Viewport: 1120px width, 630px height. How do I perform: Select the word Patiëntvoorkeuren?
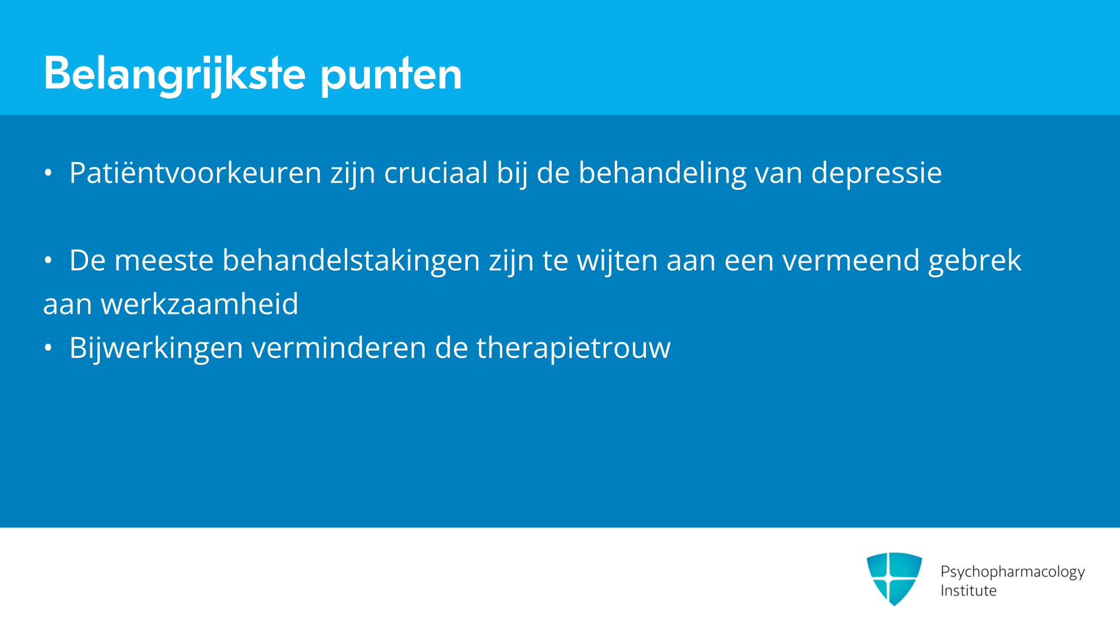coord(195,173)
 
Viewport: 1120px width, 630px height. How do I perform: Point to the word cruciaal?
coord(436,173)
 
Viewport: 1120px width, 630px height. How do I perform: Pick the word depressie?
coord(876,174)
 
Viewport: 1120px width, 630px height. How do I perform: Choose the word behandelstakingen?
coord(351,261)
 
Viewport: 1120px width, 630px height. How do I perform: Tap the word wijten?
coord(618,261)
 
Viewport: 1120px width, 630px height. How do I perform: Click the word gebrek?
coord(975,261)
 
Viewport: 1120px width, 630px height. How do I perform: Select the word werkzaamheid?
coord(199,304)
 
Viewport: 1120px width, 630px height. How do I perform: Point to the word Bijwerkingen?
coord(156,349)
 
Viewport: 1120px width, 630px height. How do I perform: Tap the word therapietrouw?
coord(573,349)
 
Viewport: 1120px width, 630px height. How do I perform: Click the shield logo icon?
coord(894,579)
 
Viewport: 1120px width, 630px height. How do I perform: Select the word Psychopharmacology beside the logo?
coord(1013,572)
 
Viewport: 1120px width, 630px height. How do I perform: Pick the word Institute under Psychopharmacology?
coord(968,590)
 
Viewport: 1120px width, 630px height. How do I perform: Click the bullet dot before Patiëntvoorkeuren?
coord(48,173)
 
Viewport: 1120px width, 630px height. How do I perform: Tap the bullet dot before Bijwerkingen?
coord(48,348)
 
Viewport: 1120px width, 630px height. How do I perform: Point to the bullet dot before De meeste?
coord(48,260)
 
